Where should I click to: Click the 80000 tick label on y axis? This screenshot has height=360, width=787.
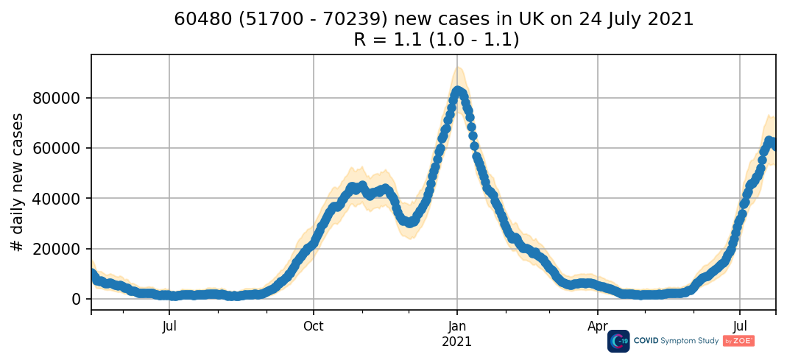coord(62,98)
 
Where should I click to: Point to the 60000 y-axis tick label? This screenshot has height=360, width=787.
coord(62,148)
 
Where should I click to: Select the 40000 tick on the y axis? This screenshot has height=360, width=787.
coord(62,198)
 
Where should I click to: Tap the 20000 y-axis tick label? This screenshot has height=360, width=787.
coord(62,249)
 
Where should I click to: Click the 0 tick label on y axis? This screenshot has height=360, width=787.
coord(77,299)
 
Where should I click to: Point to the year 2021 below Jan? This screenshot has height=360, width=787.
coord(456,342)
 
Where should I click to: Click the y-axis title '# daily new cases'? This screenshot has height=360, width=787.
coord(18,182)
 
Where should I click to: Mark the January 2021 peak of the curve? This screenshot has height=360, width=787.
coord(457,91)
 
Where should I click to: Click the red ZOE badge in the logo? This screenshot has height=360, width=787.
coord(738,341)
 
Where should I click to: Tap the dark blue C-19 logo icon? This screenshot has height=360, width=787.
coord(618,341)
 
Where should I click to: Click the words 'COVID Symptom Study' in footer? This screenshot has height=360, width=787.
coord(677,341)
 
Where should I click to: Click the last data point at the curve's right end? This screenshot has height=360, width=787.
coord(774,145)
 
